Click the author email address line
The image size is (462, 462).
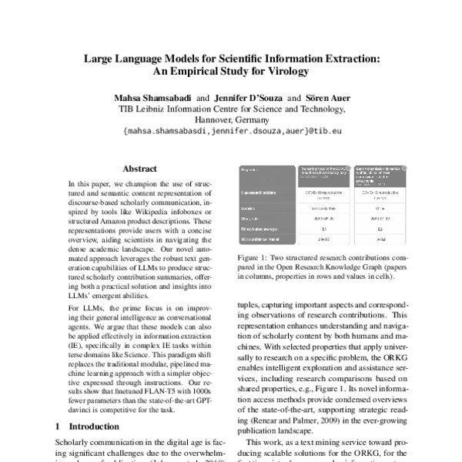pos(231,132)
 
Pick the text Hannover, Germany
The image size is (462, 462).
pos(231,120)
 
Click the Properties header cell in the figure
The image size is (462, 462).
pos(253,169)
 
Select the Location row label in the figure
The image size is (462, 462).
pos(251,208)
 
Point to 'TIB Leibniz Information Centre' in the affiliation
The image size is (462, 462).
pos(189,109)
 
